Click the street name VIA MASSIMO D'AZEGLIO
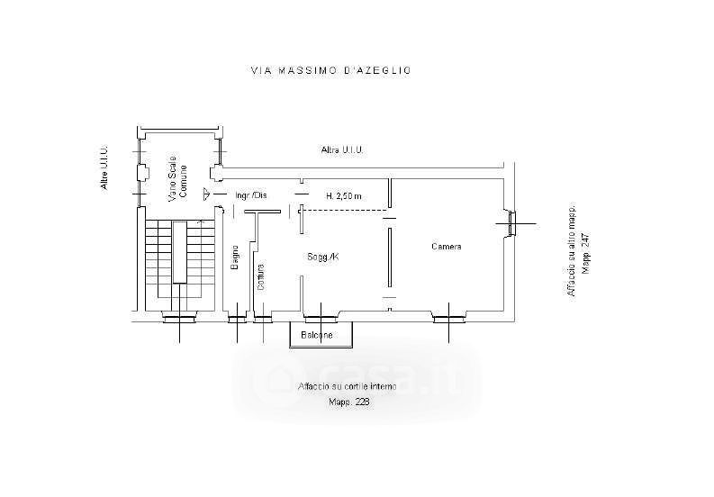pos(330,69)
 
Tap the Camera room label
pos(447,247)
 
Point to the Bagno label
pos(233,258)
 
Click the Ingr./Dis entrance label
pos(249,196)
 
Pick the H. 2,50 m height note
pos(343,196)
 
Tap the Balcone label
pos(317,335)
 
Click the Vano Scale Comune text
pos(176,176)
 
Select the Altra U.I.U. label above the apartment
pos(340,149)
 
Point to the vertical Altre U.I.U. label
pos(104,168)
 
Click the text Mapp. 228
pos(348,402)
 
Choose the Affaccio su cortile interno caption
pos(346,386)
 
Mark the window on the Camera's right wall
pos(511,222)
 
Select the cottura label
pos(260,277)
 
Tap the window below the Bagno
pos(237,317)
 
